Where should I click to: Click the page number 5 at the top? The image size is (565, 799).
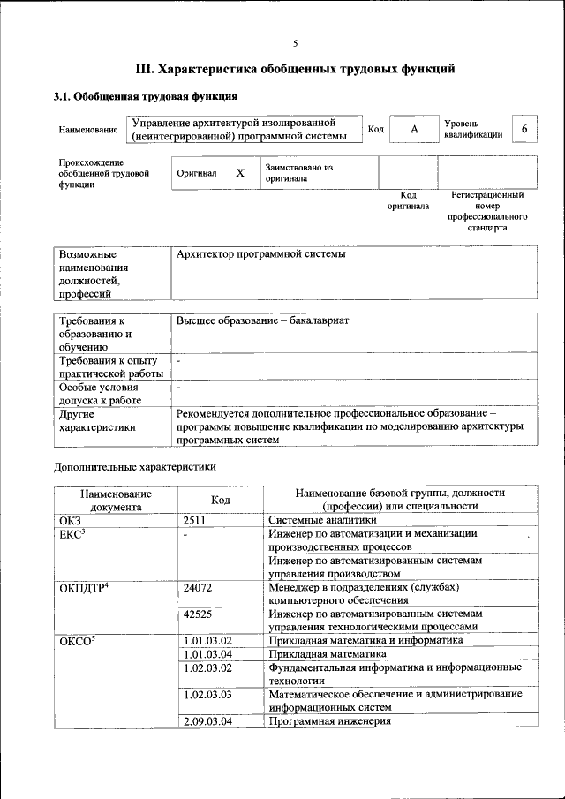(x=296, y=43)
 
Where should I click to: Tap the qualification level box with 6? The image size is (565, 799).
(x=524, y=129)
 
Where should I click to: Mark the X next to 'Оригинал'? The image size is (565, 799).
(x=239, y=173)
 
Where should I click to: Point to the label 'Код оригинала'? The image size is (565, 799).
(x=408, y=200)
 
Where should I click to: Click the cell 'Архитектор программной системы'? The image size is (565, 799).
(x=261, y=254)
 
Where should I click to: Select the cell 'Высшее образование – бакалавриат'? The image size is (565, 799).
(x=263, y=320)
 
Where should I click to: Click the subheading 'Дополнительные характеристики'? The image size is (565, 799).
(x=135, y=466)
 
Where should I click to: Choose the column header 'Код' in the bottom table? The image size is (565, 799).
(x=221, y=500)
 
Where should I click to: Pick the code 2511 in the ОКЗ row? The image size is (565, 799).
(x=195, y=521)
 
